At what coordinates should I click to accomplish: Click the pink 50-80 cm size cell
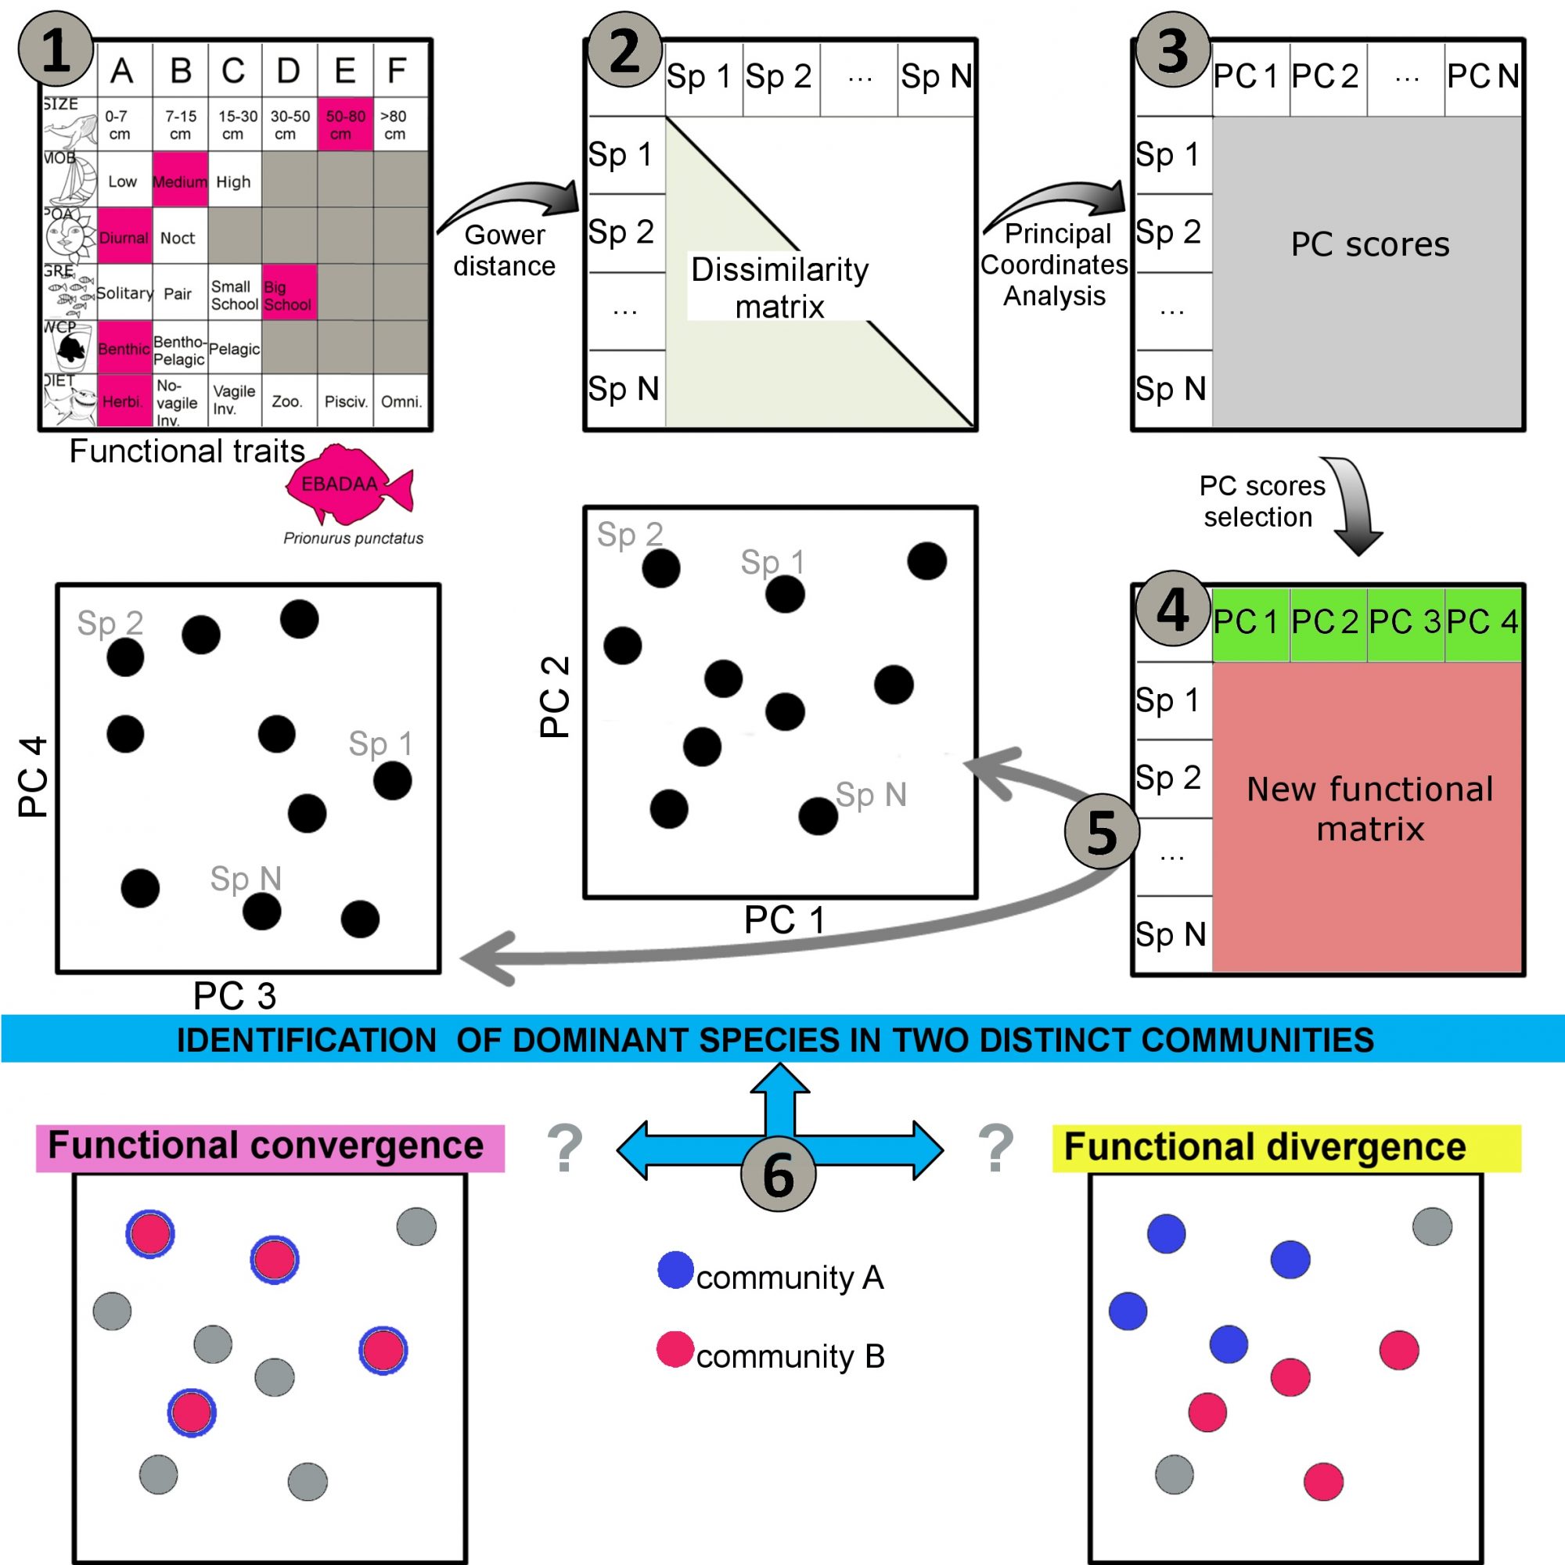pos(345,124)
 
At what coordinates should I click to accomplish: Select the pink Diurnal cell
pos(124,236)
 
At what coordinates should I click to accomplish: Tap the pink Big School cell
pos(289,293)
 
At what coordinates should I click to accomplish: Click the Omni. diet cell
pos(401,401)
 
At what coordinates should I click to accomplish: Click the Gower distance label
pos(504,250)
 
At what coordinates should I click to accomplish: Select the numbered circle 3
pos(1172,50)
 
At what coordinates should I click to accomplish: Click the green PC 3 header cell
pos(1405,622)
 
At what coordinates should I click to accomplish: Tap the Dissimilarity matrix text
pos(779,287)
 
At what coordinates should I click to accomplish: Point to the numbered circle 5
pos(1102,831)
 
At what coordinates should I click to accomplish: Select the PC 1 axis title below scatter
pos(784,919)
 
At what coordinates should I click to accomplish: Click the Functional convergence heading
pos(268,1146)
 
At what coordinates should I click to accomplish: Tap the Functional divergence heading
pos(1265,1147)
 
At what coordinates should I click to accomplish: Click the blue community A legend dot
pos(675,1269)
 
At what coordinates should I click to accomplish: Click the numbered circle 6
pos(778,1174)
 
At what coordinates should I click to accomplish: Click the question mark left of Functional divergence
pos(995,1147)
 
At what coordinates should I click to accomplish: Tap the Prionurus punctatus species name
pos(353,538)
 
